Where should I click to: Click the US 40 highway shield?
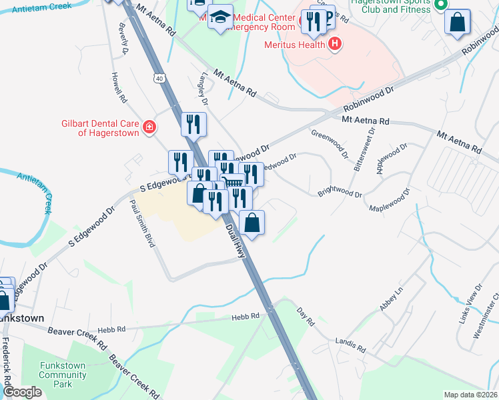[159, 78]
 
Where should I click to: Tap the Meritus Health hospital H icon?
[335, 45]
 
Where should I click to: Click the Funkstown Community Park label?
[63, 375]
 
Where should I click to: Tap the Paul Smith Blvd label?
[142, 223]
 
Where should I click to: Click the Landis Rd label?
[351, 345]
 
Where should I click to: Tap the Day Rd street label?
[306, 316]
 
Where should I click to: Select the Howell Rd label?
[119, 87]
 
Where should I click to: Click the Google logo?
[22, 392]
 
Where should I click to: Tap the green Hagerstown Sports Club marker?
[440, 5]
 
